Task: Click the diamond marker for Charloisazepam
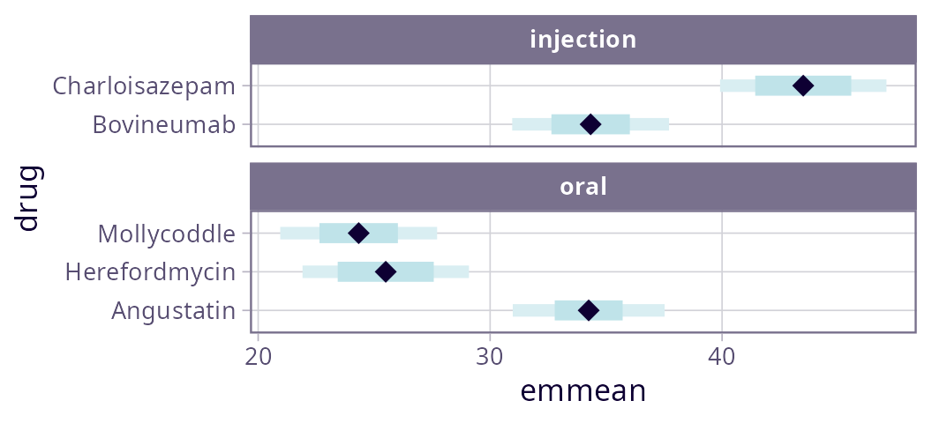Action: coord(803,85)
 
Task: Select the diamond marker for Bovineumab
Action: coord(590,124)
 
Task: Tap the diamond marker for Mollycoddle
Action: coord(358,233)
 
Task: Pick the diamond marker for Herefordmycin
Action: coord(386,271)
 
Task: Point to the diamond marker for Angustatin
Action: coord(589,310)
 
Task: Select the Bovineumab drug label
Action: coord(164,125)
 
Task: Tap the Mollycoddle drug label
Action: coord(167,234)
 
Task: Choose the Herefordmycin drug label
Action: coord(151,272)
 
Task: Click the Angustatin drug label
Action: coord(174,311)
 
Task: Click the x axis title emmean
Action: coord(583,391)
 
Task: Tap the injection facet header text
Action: coord(583,40)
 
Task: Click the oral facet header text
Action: coord(583,188)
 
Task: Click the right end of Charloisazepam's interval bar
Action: coord(886,85)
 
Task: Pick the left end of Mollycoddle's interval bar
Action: coord(281,233)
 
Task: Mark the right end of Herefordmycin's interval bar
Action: coord(469,271)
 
